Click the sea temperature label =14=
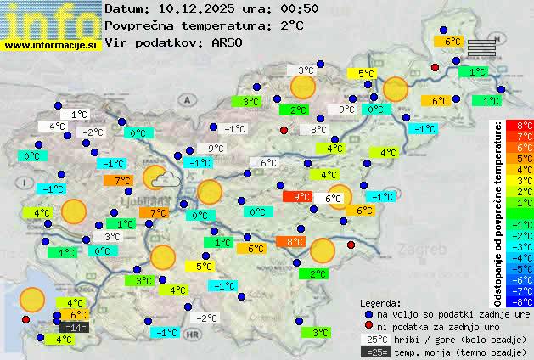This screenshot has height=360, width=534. point(75,328)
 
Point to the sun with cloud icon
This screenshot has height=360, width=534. point(159,178)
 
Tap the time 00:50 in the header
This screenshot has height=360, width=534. point(301,8)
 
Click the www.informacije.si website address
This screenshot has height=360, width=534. point(50,45)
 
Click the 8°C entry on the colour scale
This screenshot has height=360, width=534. point(525,125)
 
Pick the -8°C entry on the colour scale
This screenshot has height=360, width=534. point(525,301)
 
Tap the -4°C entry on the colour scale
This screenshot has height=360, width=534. point(525,257)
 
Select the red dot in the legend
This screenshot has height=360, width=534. point(369,327)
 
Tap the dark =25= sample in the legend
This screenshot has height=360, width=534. point(374,352)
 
